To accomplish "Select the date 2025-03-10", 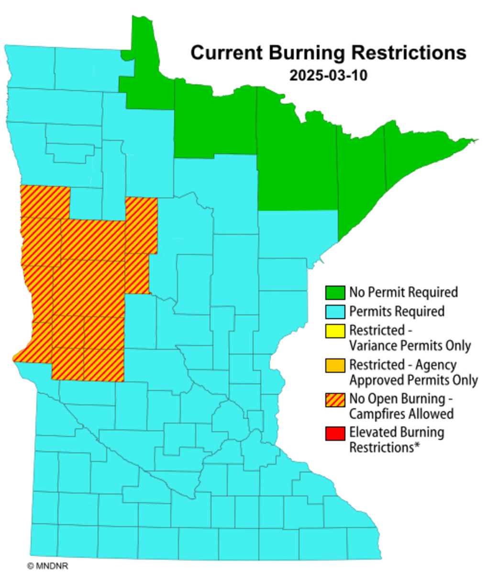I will tap(328, 76).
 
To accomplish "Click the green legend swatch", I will tap(335, 292).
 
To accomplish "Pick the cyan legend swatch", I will tap(335, 311).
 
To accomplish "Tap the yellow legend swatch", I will tap(335, 331).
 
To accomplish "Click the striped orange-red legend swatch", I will tap(335, 399).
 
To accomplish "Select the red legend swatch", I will tap(335, 433).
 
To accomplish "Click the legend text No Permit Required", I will tap(403, 292).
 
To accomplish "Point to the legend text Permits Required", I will tap(397, 311).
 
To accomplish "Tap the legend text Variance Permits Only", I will tap(410, 345).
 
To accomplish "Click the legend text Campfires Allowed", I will tap(401, 414).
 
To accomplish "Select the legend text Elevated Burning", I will tap(397, 432).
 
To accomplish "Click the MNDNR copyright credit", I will tap(48, 566).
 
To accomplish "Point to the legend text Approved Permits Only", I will tap(413, 380).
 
